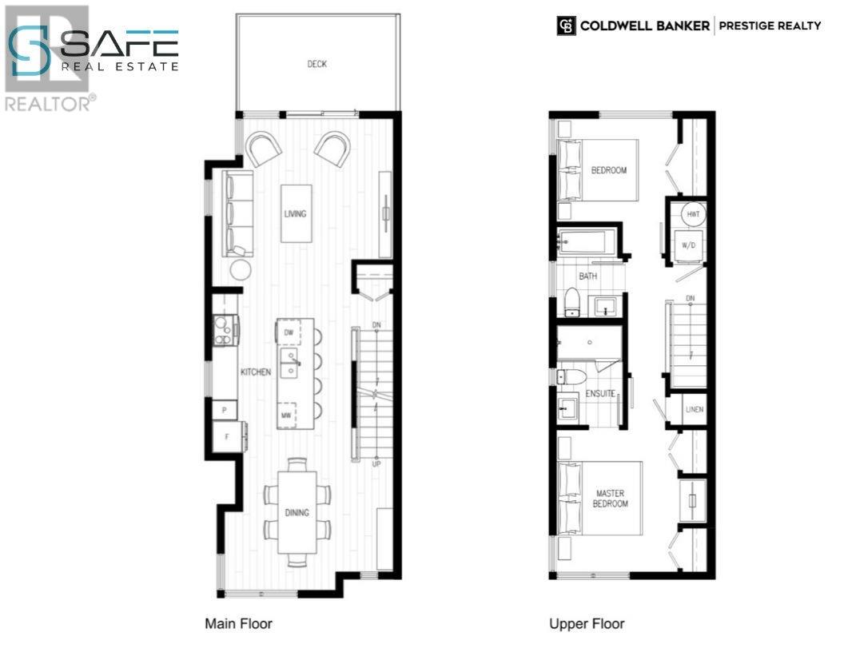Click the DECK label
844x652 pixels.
click(317, 64)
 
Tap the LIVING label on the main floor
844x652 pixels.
click(295, 213)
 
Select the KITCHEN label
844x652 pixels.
click(257, 372)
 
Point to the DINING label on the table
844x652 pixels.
click(297, 512)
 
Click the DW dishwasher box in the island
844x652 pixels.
click(288, 332)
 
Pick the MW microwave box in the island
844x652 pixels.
click(286, 415)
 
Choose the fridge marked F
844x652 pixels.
click(226, 437)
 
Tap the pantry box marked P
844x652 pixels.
click(225, 409)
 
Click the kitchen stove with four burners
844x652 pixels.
click(225, 329)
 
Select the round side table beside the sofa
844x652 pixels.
click(241, 270)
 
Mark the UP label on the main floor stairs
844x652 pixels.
click(375, 463)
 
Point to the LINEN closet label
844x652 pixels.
click(695, 410)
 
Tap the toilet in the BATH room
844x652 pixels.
click(571, 300)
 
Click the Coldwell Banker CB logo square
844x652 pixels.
click(565, 26)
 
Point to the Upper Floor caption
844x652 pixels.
click(587, 623)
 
